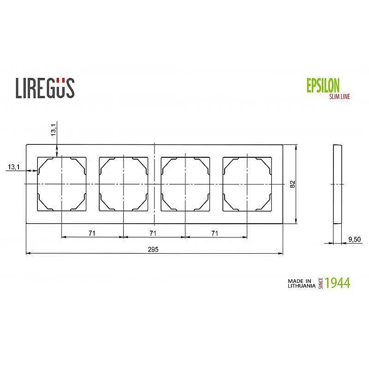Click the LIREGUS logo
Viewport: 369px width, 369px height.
(x=45, y=88)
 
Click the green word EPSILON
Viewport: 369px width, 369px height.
(x=323, y=85)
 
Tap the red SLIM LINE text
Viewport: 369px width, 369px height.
(x=339, y=96)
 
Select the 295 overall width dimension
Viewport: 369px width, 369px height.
(x=153, y=249)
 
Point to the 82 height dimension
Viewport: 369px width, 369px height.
(x=292, y=184)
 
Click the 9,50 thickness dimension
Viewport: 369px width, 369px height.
(x=354, y=239)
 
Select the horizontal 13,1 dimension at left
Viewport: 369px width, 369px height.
(x=13, y=167)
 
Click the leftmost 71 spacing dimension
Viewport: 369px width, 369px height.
(x=92, y=233)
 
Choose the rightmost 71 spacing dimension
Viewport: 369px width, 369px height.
(x=214, y=233)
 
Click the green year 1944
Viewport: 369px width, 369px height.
(x=337, y=283)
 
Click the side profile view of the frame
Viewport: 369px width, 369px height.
(x=337, y=184)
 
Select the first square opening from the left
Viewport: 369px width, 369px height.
(x=62, y=184)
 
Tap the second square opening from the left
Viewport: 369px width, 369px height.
(x=124, y=184)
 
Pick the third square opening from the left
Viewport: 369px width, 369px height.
(x=185, y=184)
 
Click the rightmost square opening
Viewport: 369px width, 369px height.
(x=247, y=184)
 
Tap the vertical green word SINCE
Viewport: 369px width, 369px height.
(x=321, y=283)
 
